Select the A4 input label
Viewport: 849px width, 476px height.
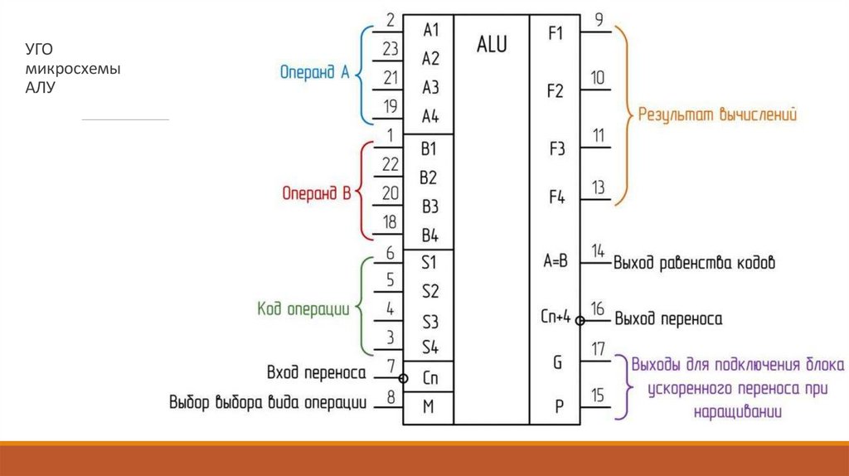(430, 115)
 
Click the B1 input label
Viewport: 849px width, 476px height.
(429, 150)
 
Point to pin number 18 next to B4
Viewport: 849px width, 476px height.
(390, 221)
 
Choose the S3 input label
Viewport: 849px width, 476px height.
(429, 321)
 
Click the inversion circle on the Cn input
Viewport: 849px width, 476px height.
(403, 378)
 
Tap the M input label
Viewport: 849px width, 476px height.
(429, 406)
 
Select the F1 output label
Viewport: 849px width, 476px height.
(555, 34)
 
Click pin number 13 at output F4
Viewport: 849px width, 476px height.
(598, 189)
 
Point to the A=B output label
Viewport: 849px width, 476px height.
(555, 262)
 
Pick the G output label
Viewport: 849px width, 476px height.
(556, 362)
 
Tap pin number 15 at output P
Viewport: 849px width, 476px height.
(598, 396)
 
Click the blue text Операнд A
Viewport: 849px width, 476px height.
(313, 72)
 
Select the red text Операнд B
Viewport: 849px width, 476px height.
(313, 193)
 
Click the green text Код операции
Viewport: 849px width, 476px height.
(303, 308)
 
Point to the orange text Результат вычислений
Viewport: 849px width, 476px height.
(717, 115)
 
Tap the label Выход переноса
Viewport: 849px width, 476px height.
(667, 319)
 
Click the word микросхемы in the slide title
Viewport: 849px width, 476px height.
(72, 70)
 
